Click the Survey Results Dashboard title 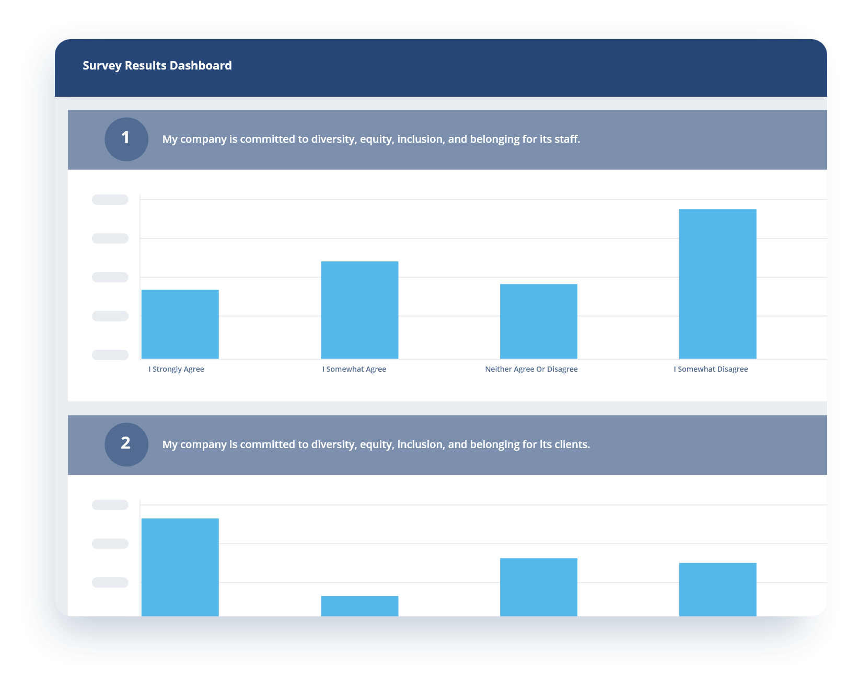(157, 65)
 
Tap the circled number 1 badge (126, 139)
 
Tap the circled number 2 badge (126, 444)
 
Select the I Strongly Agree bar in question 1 (180, 324)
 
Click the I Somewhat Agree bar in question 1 (359, 310)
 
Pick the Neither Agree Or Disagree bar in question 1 (539, 322)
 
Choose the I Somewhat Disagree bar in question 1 (717, 284)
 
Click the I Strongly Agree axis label (176, 369)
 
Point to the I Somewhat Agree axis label (354, 369)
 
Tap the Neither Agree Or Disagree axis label (531, 369)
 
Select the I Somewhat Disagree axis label (711, 369)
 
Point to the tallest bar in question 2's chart (180, 567)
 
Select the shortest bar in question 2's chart (359, 606)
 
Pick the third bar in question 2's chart (539, 587)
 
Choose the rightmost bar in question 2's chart (717, 589)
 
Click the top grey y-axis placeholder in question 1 (110, 200)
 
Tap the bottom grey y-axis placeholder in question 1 (110, 355)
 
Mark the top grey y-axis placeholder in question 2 (110, 505)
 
